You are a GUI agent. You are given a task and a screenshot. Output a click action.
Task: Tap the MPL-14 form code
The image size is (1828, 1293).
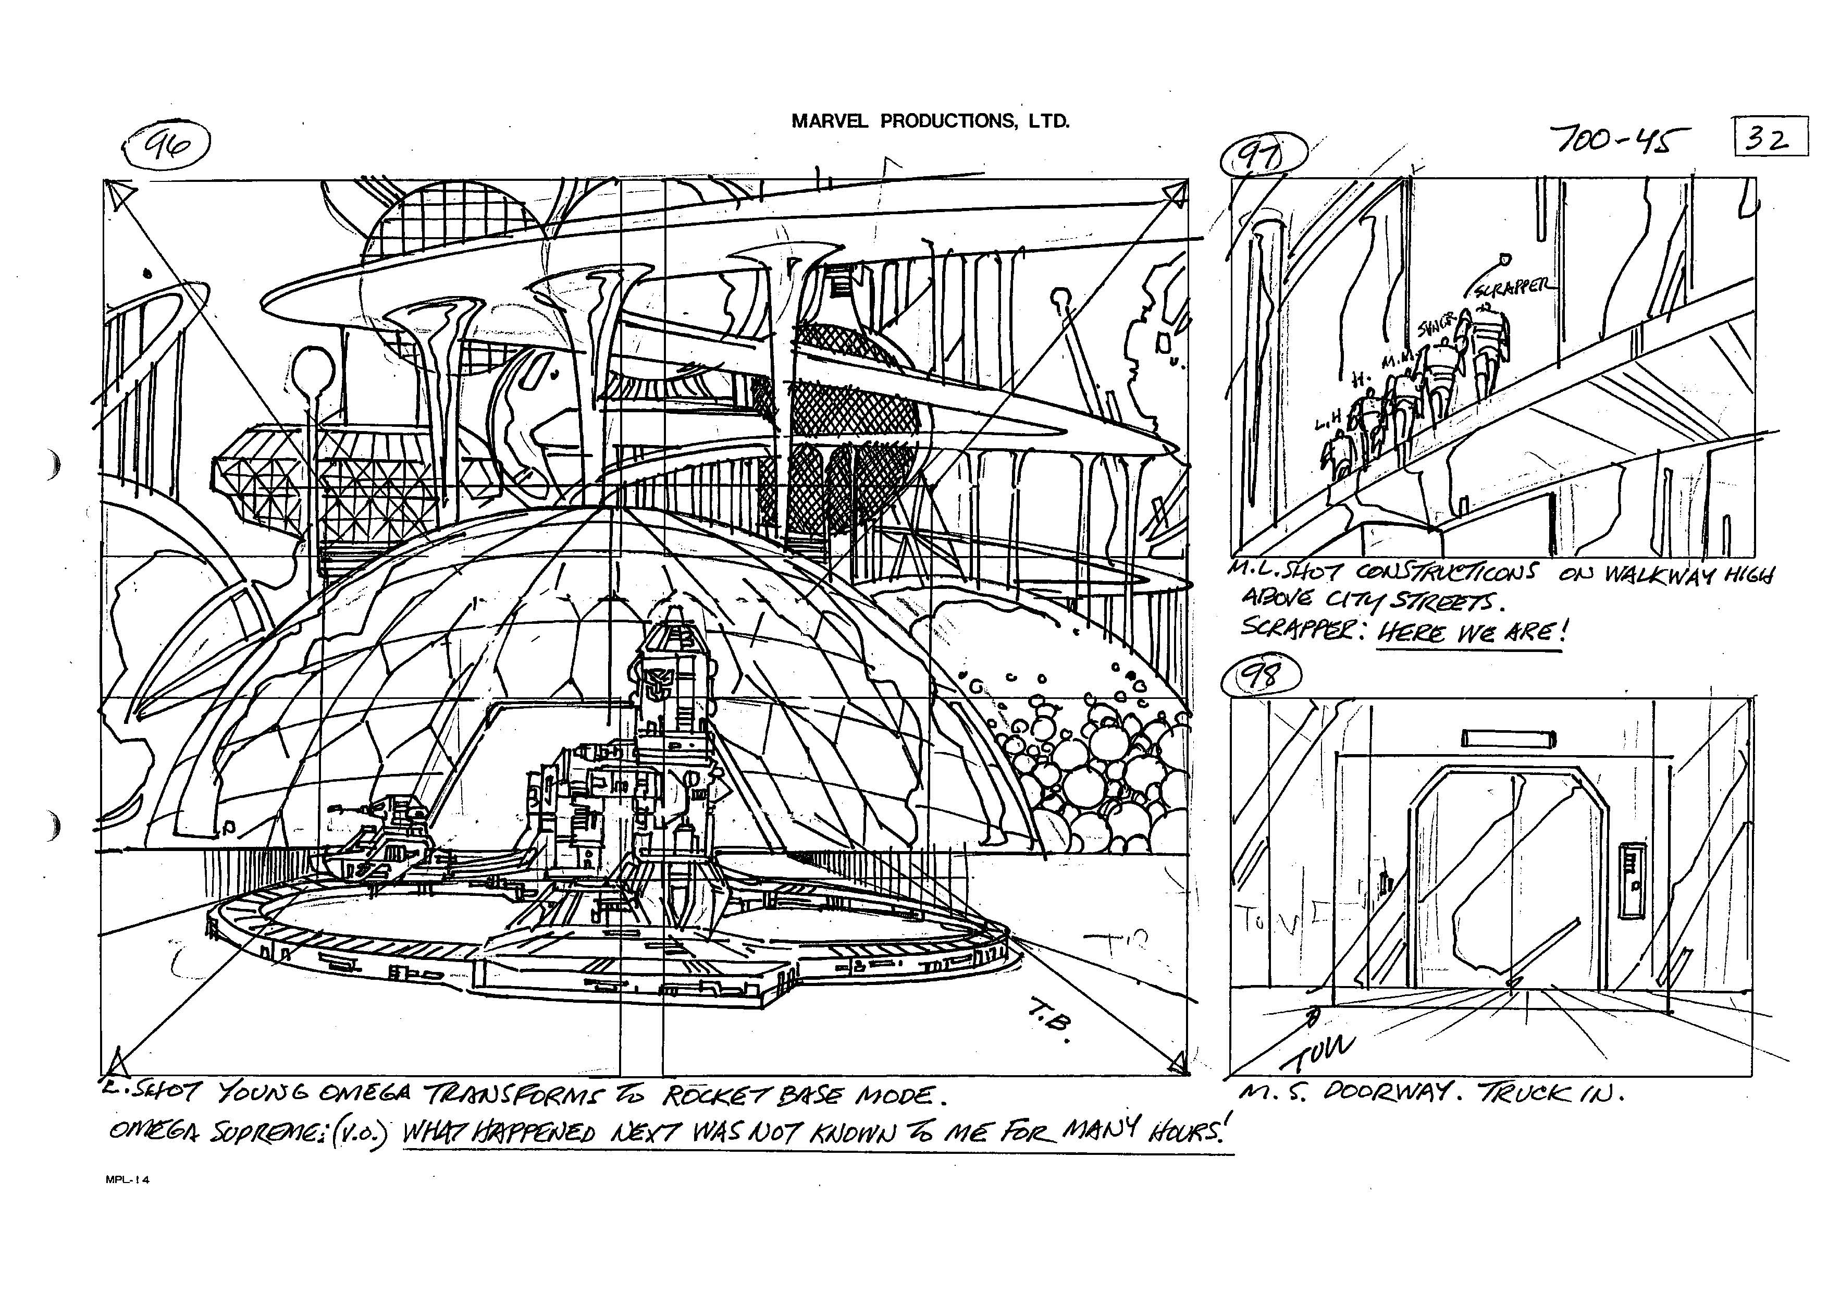click(127, 1181)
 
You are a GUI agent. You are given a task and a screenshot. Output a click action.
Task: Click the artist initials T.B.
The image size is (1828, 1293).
click(1052, 1027)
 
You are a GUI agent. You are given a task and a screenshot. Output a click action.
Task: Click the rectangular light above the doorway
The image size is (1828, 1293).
click(1508, 739)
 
